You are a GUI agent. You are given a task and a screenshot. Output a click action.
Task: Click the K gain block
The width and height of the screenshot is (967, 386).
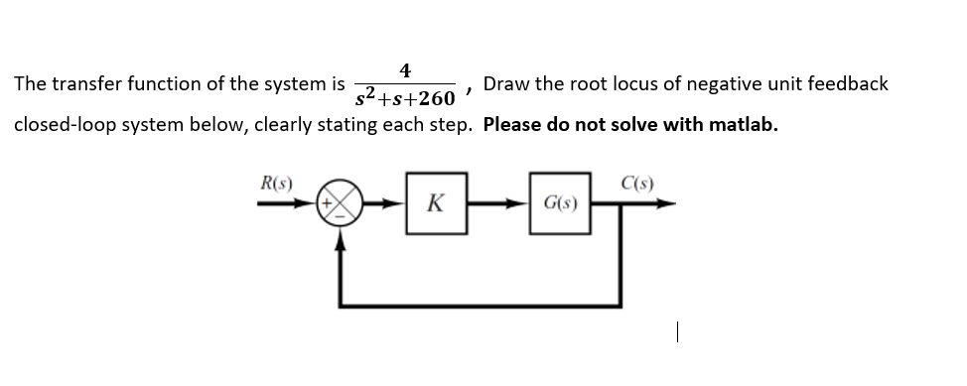coord(434,205)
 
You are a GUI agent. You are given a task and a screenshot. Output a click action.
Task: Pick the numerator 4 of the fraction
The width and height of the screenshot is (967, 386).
coord(405,69)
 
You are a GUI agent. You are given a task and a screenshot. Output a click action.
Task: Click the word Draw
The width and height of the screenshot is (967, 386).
coord(506,84)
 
